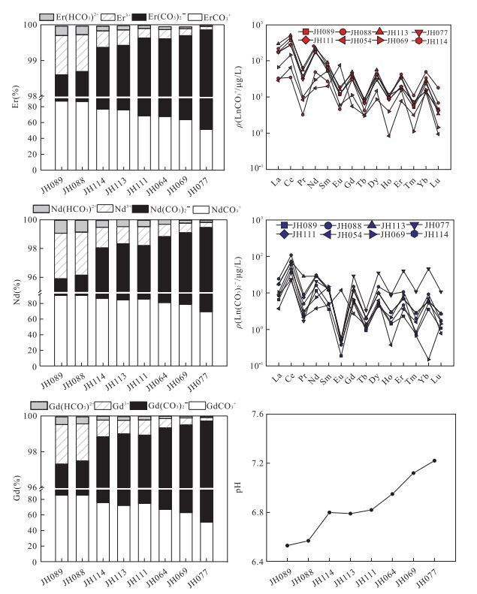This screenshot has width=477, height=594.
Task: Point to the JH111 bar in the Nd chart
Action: click(143, 293)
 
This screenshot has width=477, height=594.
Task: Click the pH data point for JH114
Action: click(330, 512)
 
